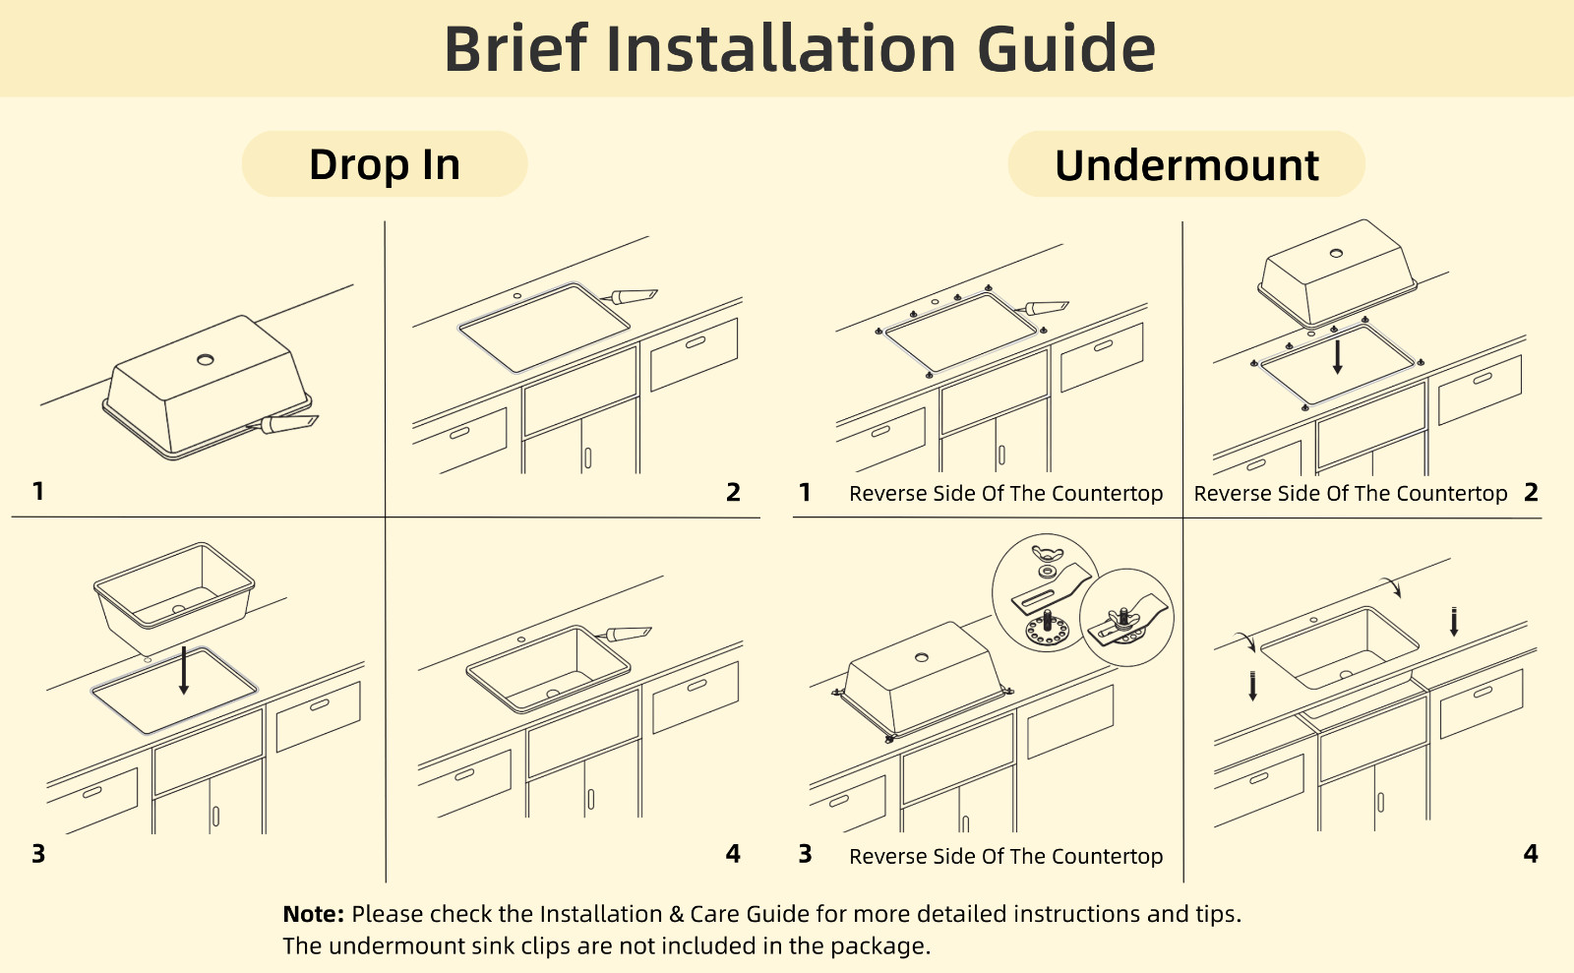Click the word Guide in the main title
click(1066, 48)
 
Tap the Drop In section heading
click(385, 164)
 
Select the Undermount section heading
click(1186, 165)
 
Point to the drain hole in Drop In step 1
click(206, 360)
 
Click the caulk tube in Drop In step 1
click(283, 424)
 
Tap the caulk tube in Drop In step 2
click(630, 296)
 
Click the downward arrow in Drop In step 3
click(184, 670)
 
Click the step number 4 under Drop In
click(733, 854)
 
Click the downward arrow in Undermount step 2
click(1338, 357)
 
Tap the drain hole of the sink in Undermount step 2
click(1337, 253)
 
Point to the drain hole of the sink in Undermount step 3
click(922, 657)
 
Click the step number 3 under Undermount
click(806, 854)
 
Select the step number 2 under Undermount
click(1531, 492)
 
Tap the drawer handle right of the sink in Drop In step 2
click(696, 342)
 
